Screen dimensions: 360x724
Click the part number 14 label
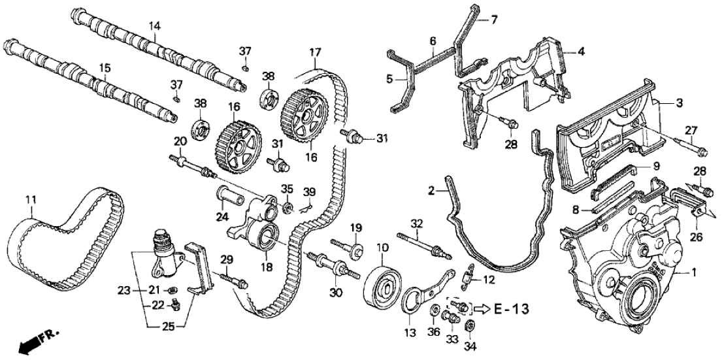point(154,25)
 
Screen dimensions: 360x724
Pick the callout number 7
point(493,20)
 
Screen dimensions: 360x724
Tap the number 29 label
point(227,261)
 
